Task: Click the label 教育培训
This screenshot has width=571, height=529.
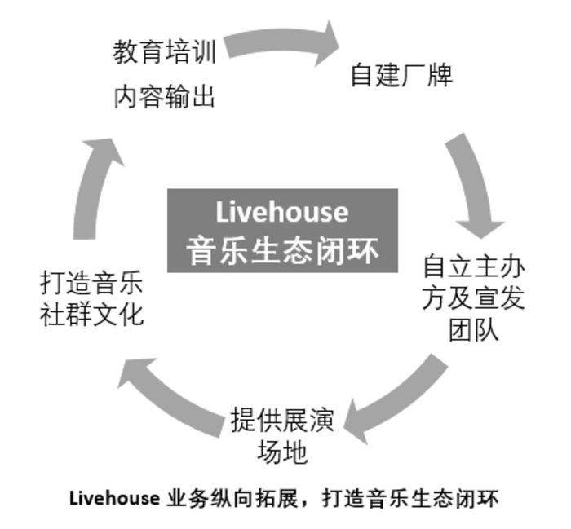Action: point(165,52)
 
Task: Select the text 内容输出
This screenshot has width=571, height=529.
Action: point(164,97)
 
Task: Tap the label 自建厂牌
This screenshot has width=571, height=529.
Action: point(401,75)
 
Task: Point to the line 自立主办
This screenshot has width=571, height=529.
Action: point(474,267)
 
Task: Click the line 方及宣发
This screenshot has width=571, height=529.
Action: point(473,298)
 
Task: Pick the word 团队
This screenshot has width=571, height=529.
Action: point(473,329)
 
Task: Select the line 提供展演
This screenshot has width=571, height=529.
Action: point(282,421)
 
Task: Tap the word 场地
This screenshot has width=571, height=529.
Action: point(282,452)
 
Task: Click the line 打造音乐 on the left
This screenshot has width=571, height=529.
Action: point(91,282)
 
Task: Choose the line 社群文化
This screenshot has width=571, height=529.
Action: point(91,314)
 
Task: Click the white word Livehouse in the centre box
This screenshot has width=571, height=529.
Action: point(282,212)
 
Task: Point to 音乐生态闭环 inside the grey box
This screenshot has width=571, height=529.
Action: point(282,251)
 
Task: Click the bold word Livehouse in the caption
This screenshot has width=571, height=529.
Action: point(114,498)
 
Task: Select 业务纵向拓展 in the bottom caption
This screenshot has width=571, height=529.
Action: point(232,498)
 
